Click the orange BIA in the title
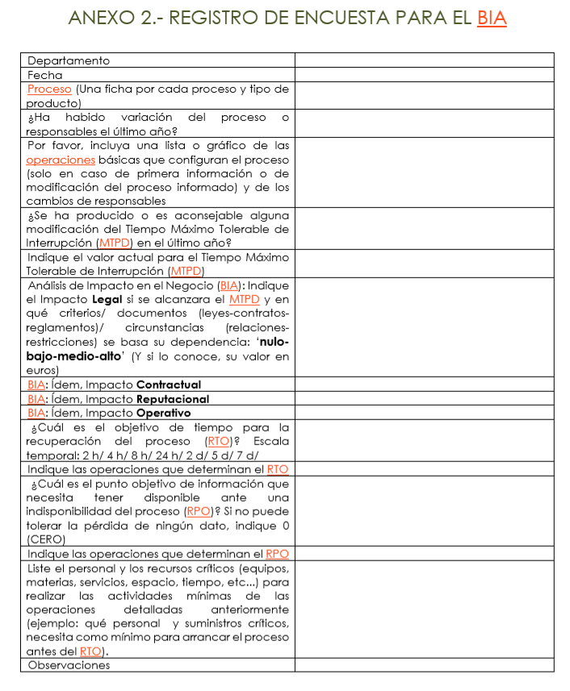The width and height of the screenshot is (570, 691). (x=491, y=18)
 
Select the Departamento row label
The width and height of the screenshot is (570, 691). (x=69, y=60)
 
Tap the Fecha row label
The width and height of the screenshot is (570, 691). (x=45, y=75)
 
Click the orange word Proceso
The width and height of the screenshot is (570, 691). (x=49, y=89)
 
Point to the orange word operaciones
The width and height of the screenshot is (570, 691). (x=61, y=160)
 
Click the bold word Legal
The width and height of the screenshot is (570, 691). (x=104, y=299)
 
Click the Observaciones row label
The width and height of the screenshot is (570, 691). (x=69, y=665)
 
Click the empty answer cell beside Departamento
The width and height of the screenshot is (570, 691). (x=424, y=60)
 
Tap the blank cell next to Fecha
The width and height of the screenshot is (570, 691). (x=424, y=75)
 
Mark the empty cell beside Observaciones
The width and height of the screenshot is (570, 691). (x=424, y=665)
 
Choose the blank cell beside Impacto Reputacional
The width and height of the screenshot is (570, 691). (x=424, y=399)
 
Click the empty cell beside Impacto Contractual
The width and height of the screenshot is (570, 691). (x=424, y=385)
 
